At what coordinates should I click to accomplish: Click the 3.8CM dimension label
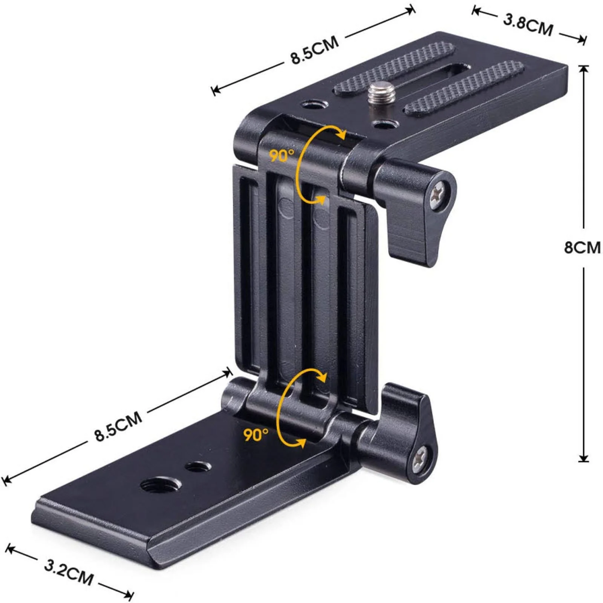528,25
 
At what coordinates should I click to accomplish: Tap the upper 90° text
281,155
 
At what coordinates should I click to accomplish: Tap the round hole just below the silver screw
384,124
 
